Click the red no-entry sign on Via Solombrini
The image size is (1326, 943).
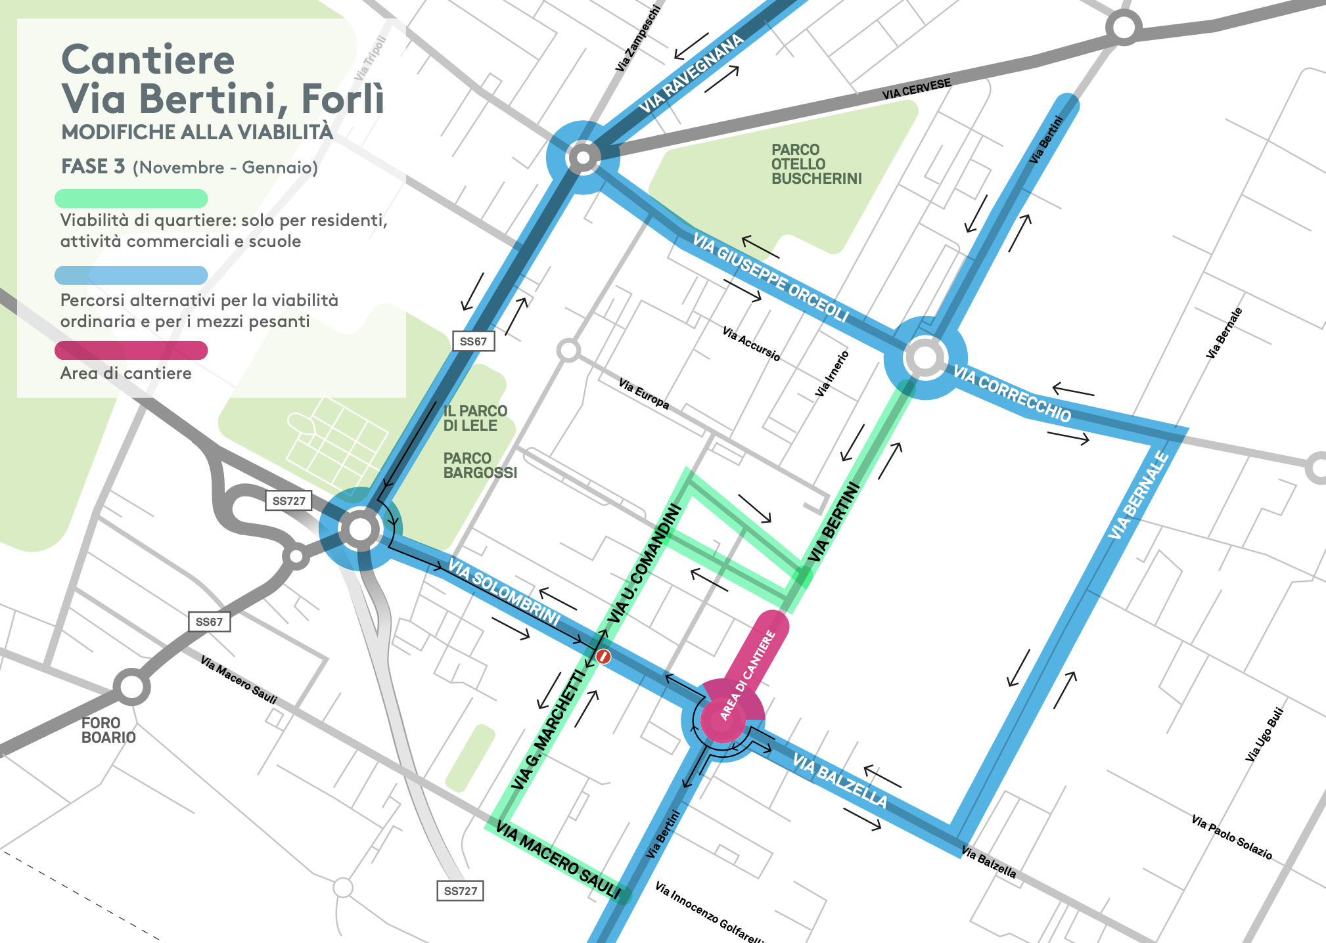[604, 656]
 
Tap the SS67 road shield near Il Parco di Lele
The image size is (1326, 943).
[473, 341]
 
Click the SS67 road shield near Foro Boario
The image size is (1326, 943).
[209, 622]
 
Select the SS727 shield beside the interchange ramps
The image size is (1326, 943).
[288, 501]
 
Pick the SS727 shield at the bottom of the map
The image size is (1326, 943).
[460, 891]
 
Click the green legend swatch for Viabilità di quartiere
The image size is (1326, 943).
[131, 198]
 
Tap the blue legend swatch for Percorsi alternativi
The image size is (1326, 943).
[131, 275]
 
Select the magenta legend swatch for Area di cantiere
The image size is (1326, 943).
[131, 350]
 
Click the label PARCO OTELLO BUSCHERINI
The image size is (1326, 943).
[815, 164]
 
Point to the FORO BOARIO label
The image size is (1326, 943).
[108, 730]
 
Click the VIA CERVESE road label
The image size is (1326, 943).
[916, 90]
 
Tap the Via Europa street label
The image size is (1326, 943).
[644, 393]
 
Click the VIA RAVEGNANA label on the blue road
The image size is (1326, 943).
[691, 74]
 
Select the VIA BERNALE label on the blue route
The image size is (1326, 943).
[1138, 496]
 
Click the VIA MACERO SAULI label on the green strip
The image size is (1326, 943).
[558, 860]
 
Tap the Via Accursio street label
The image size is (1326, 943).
[751, 343]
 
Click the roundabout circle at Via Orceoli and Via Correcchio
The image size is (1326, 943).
[925, 358]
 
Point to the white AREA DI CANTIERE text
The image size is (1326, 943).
[748, 675]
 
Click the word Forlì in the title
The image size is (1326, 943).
[342, 99]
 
